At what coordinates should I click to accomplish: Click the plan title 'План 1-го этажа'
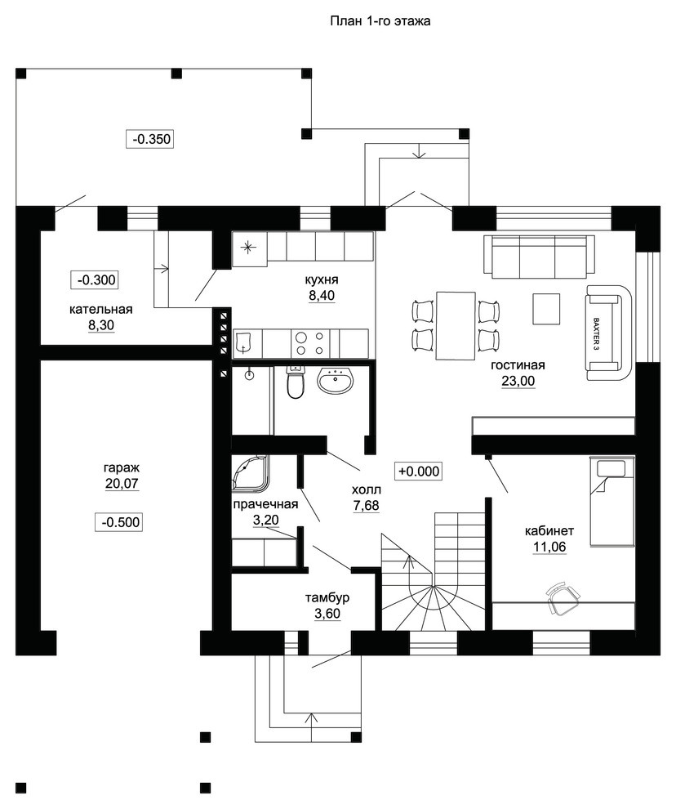coord(380,21)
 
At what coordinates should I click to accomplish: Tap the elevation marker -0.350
coord(150,139)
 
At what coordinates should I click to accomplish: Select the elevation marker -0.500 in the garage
coord(119,521)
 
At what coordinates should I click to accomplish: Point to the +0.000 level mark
coord(419,471)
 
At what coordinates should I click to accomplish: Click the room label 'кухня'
coord(321,279)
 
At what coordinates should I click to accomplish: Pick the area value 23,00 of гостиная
coord(518,381)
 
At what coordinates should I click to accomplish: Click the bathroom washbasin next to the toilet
coord(336,380)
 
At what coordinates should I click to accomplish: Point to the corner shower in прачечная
coord(251,472)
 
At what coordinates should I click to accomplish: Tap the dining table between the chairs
coord(456,326)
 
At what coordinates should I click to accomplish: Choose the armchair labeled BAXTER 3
coord(609,333)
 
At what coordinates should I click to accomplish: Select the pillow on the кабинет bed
coord(611,468)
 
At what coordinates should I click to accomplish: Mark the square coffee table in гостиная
coord(546,309)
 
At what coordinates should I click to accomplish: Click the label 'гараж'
coord(122,468)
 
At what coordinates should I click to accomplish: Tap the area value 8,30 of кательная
coord(101,325)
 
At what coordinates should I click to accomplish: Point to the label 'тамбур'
coord(327,598)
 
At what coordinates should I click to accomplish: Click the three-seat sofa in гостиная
coord(539,255)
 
